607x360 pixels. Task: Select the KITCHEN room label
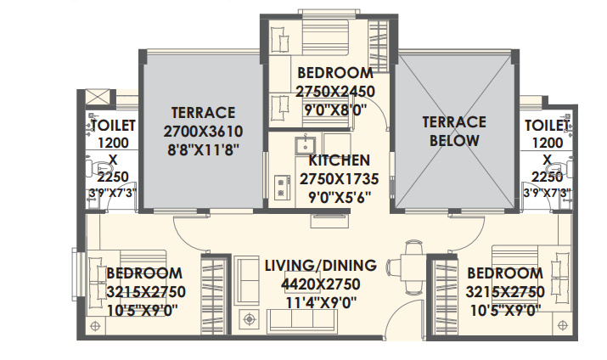(339, 160)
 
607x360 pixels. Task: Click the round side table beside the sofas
(250, 320)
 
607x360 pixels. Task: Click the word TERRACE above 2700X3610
(202, 113)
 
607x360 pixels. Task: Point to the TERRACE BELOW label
(454, 131)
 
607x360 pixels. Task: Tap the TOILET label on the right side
(547, 126)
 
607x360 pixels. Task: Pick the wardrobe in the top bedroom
(380, 38)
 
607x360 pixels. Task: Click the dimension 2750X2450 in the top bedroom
(334, 90)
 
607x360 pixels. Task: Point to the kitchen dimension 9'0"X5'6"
(339, 196)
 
